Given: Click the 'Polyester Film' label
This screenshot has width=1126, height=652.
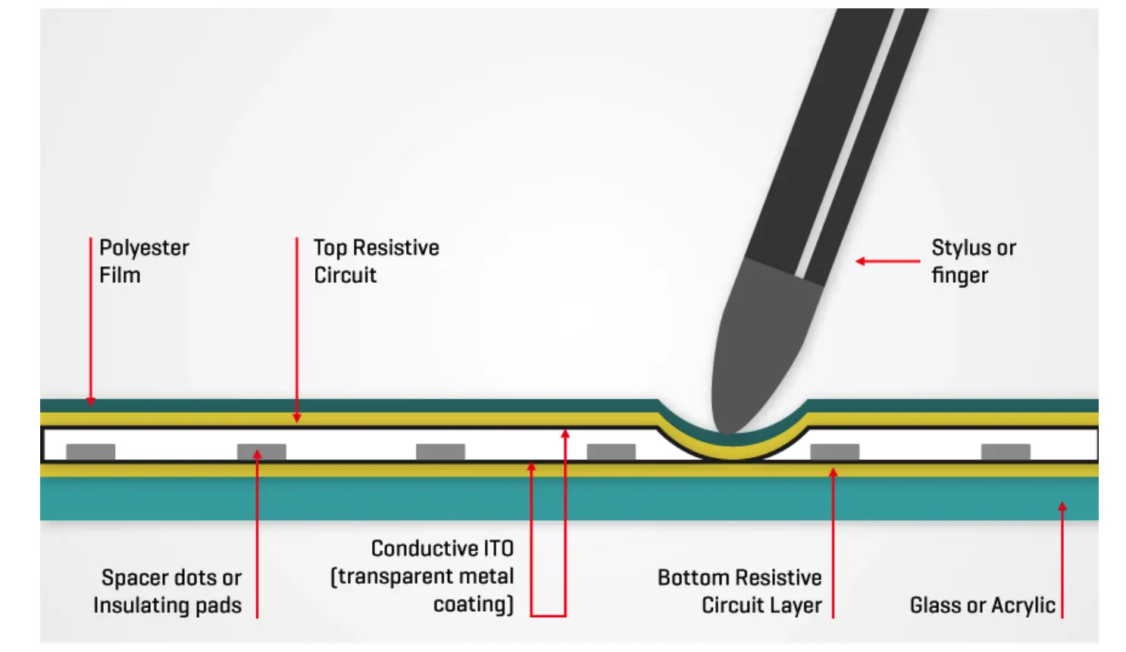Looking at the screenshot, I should (x=144, y=261).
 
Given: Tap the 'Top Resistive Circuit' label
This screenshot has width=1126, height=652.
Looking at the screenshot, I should (x=376, y=261).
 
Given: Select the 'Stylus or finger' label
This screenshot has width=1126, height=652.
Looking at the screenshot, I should (x=973, y=261).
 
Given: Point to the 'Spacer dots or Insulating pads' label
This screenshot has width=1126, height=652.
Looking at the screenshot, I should (x=168, y=591).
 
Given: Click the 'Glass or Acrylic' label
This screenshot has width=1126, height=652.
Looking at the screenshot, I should (x=982, y=605).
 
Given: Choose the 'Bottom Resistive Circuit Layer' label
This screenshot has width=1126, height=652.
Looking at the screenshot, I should (x=740, y=591).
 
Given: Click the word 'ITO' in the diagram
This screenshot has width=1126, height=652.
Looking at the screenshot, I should (x=496, y=548).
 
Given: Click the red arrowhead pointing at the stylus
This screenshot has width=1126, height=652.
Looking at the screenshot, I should (x=861, y=261).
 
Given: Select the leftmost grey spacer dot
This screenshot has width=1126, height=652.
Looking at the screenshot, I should (x=91, y=452).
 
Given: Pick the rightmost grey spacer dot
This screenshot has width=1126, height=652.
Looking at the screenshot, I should (x=1006, y=452).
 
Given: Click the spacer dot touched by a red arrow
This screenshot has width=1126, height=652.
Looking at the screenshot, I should (x=261, y=452).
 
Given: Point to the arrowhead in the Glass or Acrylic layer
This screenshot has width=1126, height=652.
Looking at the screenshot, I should (x=1062, y=506).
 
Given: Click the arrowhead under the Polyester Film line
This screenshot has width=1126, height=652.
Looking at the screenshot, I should (x=91, y=401).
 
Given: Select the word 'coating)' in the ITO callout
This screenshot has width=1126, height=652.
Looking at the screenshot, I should (x=474, y=604).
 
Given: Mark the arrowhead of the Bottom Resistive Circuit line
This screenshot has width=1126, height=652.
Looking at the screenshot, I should (x=834, y=473).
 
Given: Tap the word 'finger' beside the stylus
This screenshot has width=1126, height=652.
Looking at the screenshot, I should (x=960, y=275).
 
